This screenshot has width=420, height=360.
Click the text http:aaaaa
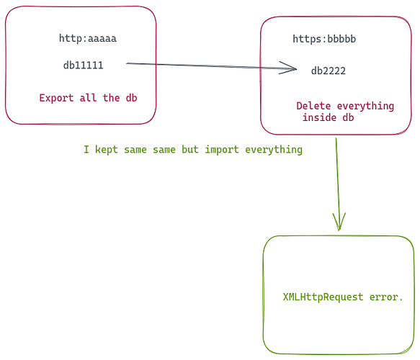[x=88, y=38]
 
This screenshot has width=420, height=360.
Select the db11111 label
[x=84, y=66]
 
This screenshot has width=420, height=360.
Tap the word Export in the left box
[x=56, y=98]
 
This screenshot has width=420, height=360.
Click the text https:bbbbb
[x=324, y=39]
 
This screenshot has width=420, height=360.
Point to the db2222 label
[x=329, y=71]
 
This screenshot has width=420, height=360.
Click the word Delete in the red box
[x=313, y=106]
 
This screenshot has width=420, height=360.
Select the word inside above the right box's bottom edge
[x=319, y=117]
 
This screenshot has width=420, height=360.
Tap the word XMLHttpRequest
[x=323, y=297]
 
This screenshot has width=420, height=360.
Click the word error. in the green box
[x=386, y=297]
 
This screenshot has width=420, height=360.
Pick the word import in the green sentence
[x=222, y=149]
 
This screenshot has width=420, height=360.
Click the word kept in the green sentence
[x=107, y=149]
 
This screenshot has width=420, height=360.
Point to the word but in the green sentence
[x=190, y=149]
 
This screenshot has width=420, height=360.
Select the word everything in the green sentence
[x=274, y=149]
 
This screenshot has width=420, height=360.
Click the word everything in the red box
[x=365, y=106]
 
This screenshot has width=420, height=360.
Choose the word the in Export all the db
[x=111, y=98]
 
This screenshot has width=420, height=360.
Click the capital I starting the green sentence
[x=86, y=149]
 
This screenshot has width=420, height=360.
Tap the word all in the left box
[x=88, y=98]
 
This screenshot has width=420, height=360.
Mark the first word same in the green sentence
[x=135, y=149]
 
